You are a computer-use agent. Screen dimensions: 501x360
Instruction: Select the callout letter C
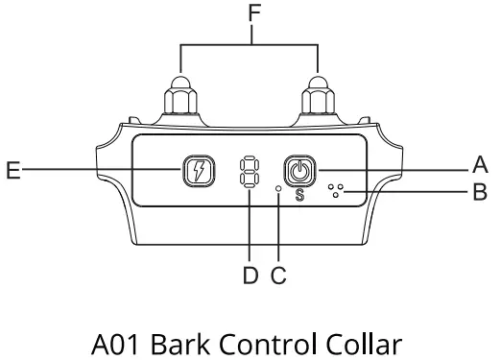point(279,276)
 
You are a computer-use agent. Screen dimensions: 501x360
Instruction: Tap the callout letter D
point(250,276)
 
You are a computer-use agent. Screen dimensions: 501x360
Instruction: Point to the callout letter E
point(13,173)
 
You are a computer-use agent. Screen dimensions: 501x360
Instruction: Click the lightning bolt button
point(197,173)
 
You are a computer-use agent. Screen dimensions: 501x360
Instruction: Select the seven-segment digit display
point(250,173)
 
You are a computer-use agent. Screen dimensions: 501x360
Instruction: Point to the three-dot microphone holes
point(337,190)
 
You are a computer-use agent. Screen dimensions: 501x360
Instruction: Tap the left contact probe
point(180,99)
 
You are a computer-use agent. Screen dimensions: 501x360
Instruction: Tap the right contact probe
point(317,99)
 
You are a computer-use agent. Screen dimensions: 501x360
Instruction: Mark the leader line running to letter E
point(96,173)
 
